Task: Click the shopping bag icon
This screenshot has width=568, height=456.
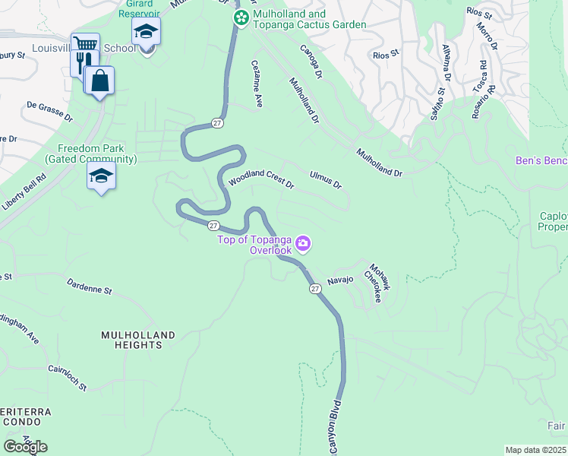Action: (99, 79)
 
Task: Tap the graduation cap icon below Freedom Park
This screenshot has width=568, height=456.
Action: (101, 176)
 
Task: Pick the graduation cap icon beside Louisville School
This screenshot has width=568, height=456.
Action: (145, 32)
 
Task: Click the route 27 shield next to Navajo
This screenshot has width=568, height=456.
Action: (314, 288)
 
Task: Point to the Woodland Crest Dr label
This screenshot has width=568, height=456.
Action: (261, 179)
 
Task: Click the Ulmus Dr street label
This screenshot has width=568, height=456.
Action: (326, 179)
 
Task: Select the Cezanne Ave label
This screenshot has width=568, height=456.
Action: (257, 84)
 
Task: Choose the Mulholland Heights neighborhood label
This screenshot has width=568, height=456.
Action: (138, 340)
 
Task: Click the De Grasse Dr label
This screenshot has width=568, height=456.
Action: (49, 112)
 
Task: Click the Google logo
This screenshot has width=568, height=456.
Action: (25, 446)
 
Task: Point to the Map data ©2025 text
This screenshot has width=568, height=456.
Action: (536, 450)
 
